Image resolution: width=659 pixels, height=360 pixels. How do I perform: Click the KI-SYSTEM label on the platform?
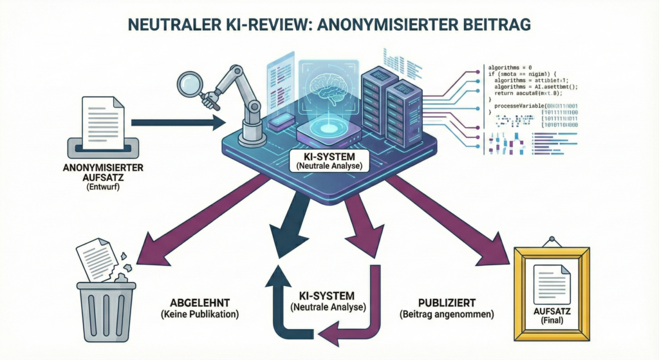(x=328, y=156)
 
